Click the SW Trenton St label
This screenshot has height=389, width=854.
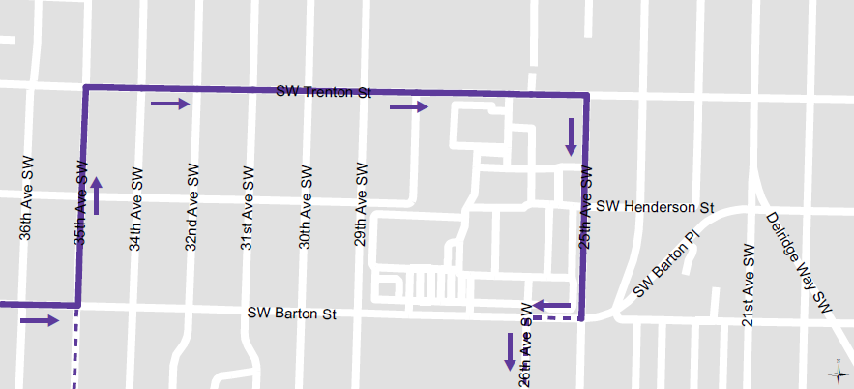pyautogui.click(x=324, y=92)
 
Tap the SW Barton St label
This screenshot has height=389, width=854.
pyautogui.click(x=291, y=314)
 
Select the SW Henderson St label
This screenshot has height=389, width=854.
pyautogui.click(x=655, y=207)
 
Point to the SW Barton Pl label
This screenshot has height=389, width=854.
pyautogui.click(x=666, y=263)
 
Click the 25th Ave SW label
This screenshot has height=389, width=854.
pyautogui.click(x=585, y=209)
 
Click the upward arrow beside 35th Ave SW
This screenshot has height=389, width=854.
pyautogui.click(x=96, y=195)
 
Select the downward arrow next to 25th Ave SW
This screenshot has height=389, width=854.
pyautogui.click(x=572, y=137)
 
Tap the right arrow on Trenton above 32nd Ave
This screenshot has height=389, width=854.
pyautogui.click(x=170, y=104)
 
